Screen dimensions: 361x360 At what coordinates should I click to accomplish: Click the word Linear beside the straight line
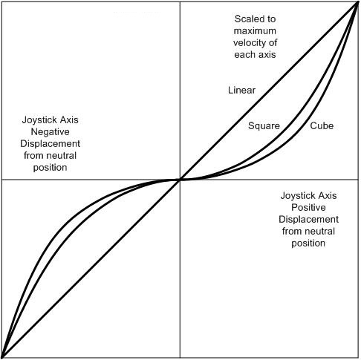[241, 90]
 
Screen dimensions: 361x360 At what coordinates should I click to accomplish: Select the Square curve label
[264, 126]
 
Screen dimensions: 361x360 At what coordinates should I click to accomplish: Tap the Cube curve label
[322, 125]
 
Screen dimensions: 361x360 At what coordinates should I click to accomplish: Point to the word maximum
[255, 31]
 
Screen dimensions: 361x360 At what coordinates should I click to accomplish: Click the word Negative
[50, 132]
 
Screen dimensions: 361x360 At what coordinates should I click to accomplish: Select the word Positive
[308, 207]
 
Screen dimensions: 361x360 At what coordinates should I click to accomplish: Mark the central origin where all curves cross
[180, 180]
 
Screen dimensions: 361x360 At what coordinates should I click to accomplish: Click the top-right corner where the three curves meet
[358, 2]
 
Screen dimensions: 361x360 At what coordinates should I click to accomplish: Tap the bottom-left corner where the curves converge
[2, 358]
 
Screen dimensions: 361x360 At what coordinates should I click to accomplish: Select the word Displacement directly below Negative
[50, 144]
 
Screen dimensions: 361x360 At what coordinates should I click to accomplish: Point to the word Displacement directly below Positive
[308, 220]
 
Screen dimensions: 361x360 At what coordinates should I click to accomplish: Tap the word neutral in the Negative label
[63, 156]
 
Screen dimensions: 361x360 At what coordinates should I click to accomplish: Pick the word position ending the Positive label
[308, 243]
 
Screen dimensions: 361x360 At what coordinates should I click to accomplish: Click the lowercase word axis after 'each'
[267, 55]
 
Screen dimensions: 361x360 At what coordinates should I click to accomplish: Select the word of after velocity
[273, 43]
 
